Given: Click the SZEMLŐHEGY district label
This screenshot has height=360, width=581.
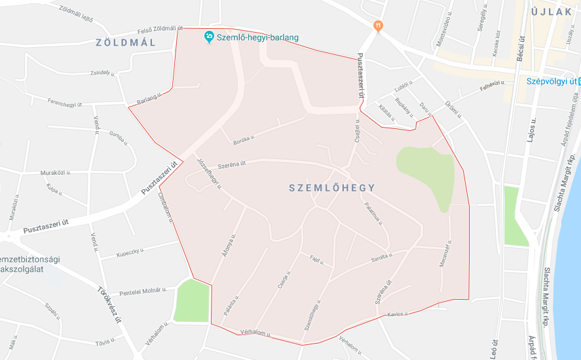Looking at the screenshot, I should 332,188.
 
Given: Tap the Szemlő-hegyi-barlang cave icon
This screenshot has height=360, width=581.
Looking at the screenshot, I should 209,36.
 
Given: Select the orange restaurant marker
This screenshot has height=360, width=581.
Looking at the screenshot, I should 377,26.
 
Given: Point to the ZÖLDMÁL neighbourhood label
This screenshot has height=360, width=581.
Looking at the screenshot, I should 126,43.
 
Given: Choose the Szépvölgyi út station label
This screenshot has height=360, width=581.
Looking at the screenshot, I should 551,81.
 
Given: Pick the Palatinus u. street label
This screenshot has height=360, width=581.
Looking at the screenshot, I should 374,213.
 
